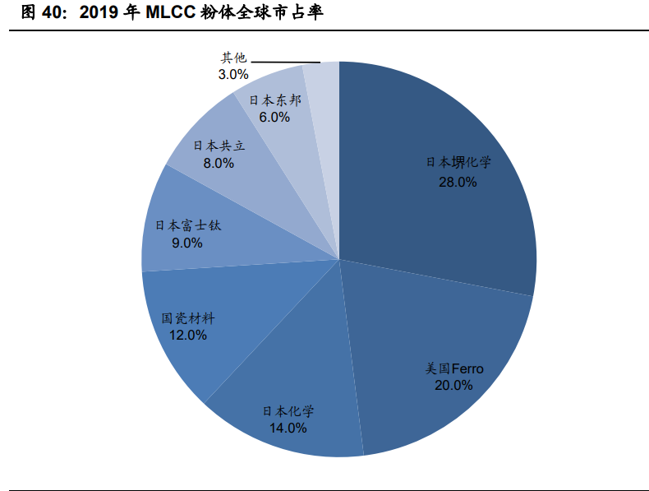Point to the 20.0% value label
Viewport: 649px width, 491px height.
point(454,385)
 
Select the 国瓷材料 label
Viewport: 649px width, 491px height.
point(188,317)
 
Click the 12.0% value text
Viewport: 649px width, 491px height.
point(188,335)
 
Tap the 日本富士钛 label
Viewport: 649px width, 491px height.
point(188,225)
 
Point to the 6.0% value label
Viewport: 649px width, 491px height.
point(274,117)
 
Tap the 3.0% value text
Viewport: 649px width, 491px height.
point(233,74)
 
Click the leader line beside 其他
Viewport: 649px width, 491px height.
point(285,62)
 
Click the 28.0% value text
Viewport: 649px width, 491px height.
point(458,181)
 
